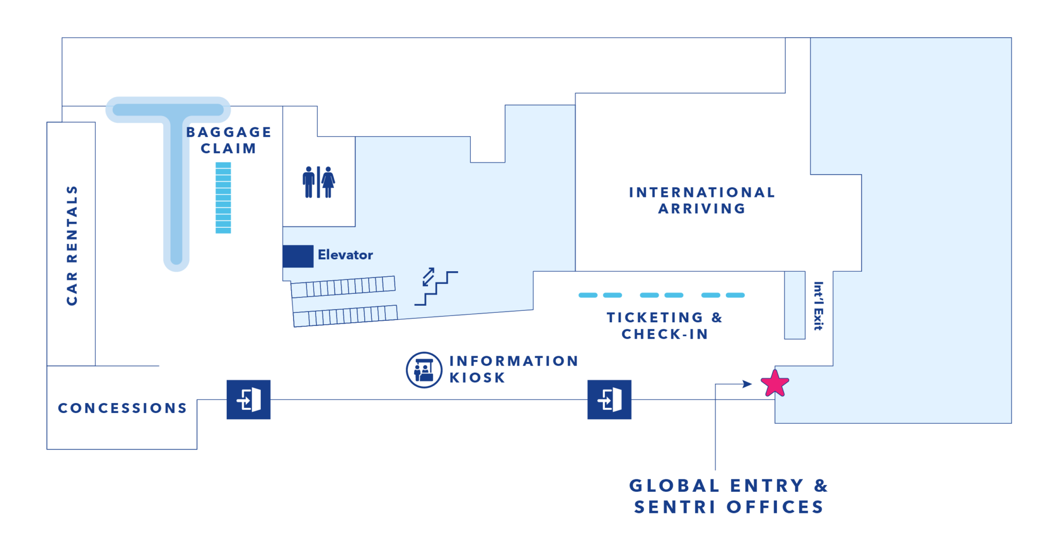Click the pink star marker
click(x=775, y=384)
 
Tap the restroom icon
click(x=319, y=182)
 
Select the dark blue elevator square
click(x=298, y=256)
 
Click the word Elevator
click(x=345, y=255)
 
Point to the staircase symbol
click(x=436, y=287)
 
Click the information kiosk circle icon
click(x=424, y=370)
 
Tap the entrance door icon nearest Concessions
click(x=248, y=400)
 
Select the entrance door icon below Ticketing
click(x=609, y=400)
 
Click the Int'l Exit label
click(x=818, y=306)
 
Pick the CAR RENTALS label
click(x=72, y=245)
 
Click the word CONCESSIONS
click(x=123, y=408)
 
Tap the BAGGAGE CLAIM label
click(x=229, y=140)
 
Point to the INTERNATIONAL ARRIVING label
click(x=702, y=201)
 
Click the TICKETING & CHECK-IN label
click(x=665, y=326)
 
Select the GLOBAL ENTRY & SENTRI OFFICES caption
click(x=728, y=496)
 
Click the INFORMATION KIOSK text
click(x=514, y=369)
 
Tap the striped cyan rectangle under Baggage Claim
click(x=223, y=198)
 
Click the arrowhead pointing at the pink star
click(x=747, y=384)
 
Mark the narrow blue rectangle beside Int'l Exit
click(x=794, y=305)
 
